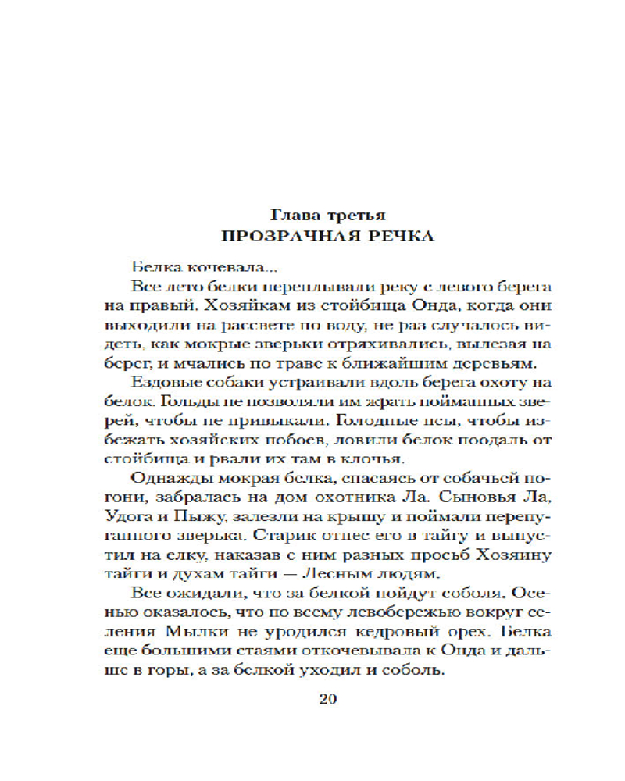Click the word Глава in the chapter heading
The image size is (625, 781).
click(292, 213)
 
